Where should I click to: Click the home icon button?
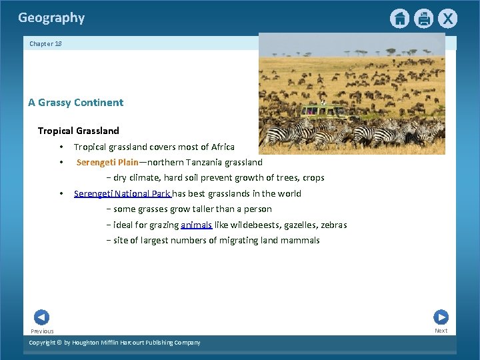click(x=399, y=19)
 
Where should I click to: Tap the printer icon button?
click(x=423, y=19)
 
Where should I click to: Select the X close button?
click(x=448, y=19)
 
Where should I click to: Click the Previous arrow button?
click(x=41, y=317)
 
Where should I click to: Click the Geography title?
click(x=51, y=18)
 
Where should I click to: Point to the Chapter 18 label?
click(x=45, y=43)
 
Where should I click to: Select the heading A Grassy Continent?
click(x=75, y=103)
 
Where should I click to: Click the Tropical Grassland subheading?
click(x=78, y=131)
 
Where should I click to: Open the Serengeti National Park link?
click(x=123, y=193)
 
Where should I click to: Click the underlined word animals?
click(x=196, y=225)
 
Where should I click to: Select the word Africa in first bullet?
click(x=222, y=147)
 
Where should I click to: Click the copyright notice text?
click(x=114, y=343)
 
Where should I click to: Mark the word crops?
click(x=313, y=178)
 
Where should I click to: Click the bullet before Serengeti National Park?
click(x=61, y=193)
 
